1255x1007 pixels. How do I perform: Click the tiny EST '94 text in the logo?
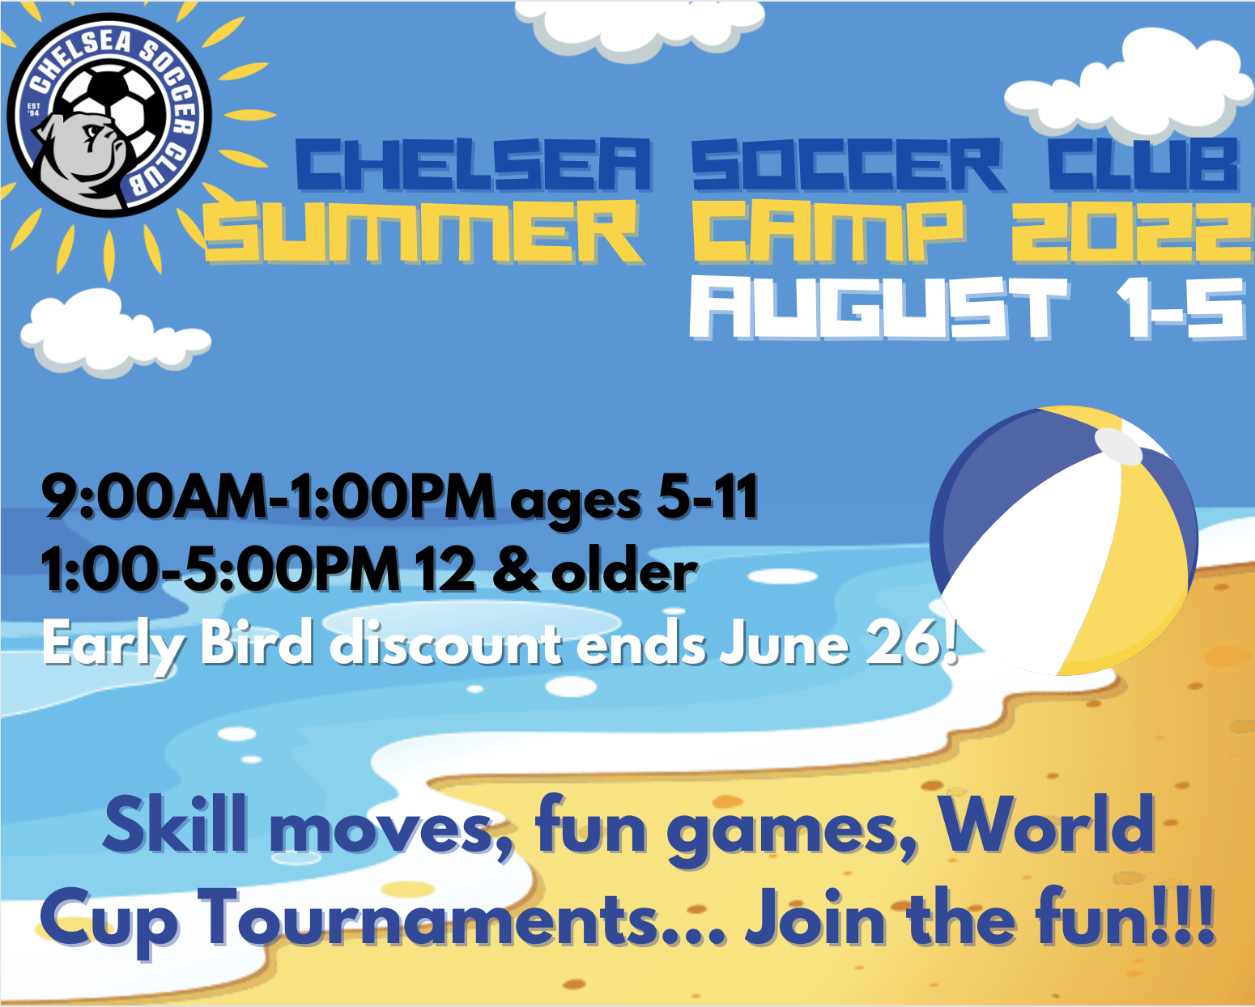pyautogui.click(x=34, y=109)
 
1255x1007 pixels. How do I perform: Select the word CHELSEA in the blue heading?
pyautogui.click(x=473, y=164)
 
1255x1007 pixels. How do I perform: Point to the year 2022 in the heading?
pyautogui.click(x=1132, y=232)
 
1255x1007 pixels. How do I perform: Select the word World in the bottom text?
pyautogui.click(x=1047, y=826)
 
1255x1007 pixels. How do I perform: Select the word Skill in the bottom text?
pyautogui.click(x=174, y=826)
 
